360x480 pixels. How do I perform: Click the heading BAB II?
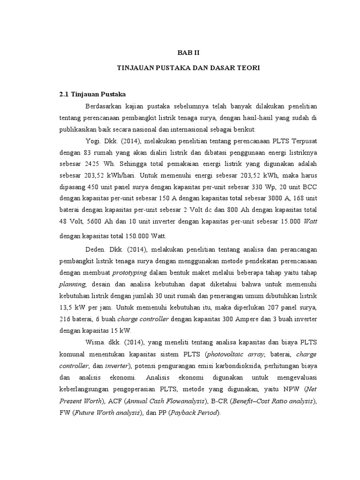[x=191, y=54]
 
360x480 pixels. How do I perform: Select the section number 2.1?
[x=64, y=94]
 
